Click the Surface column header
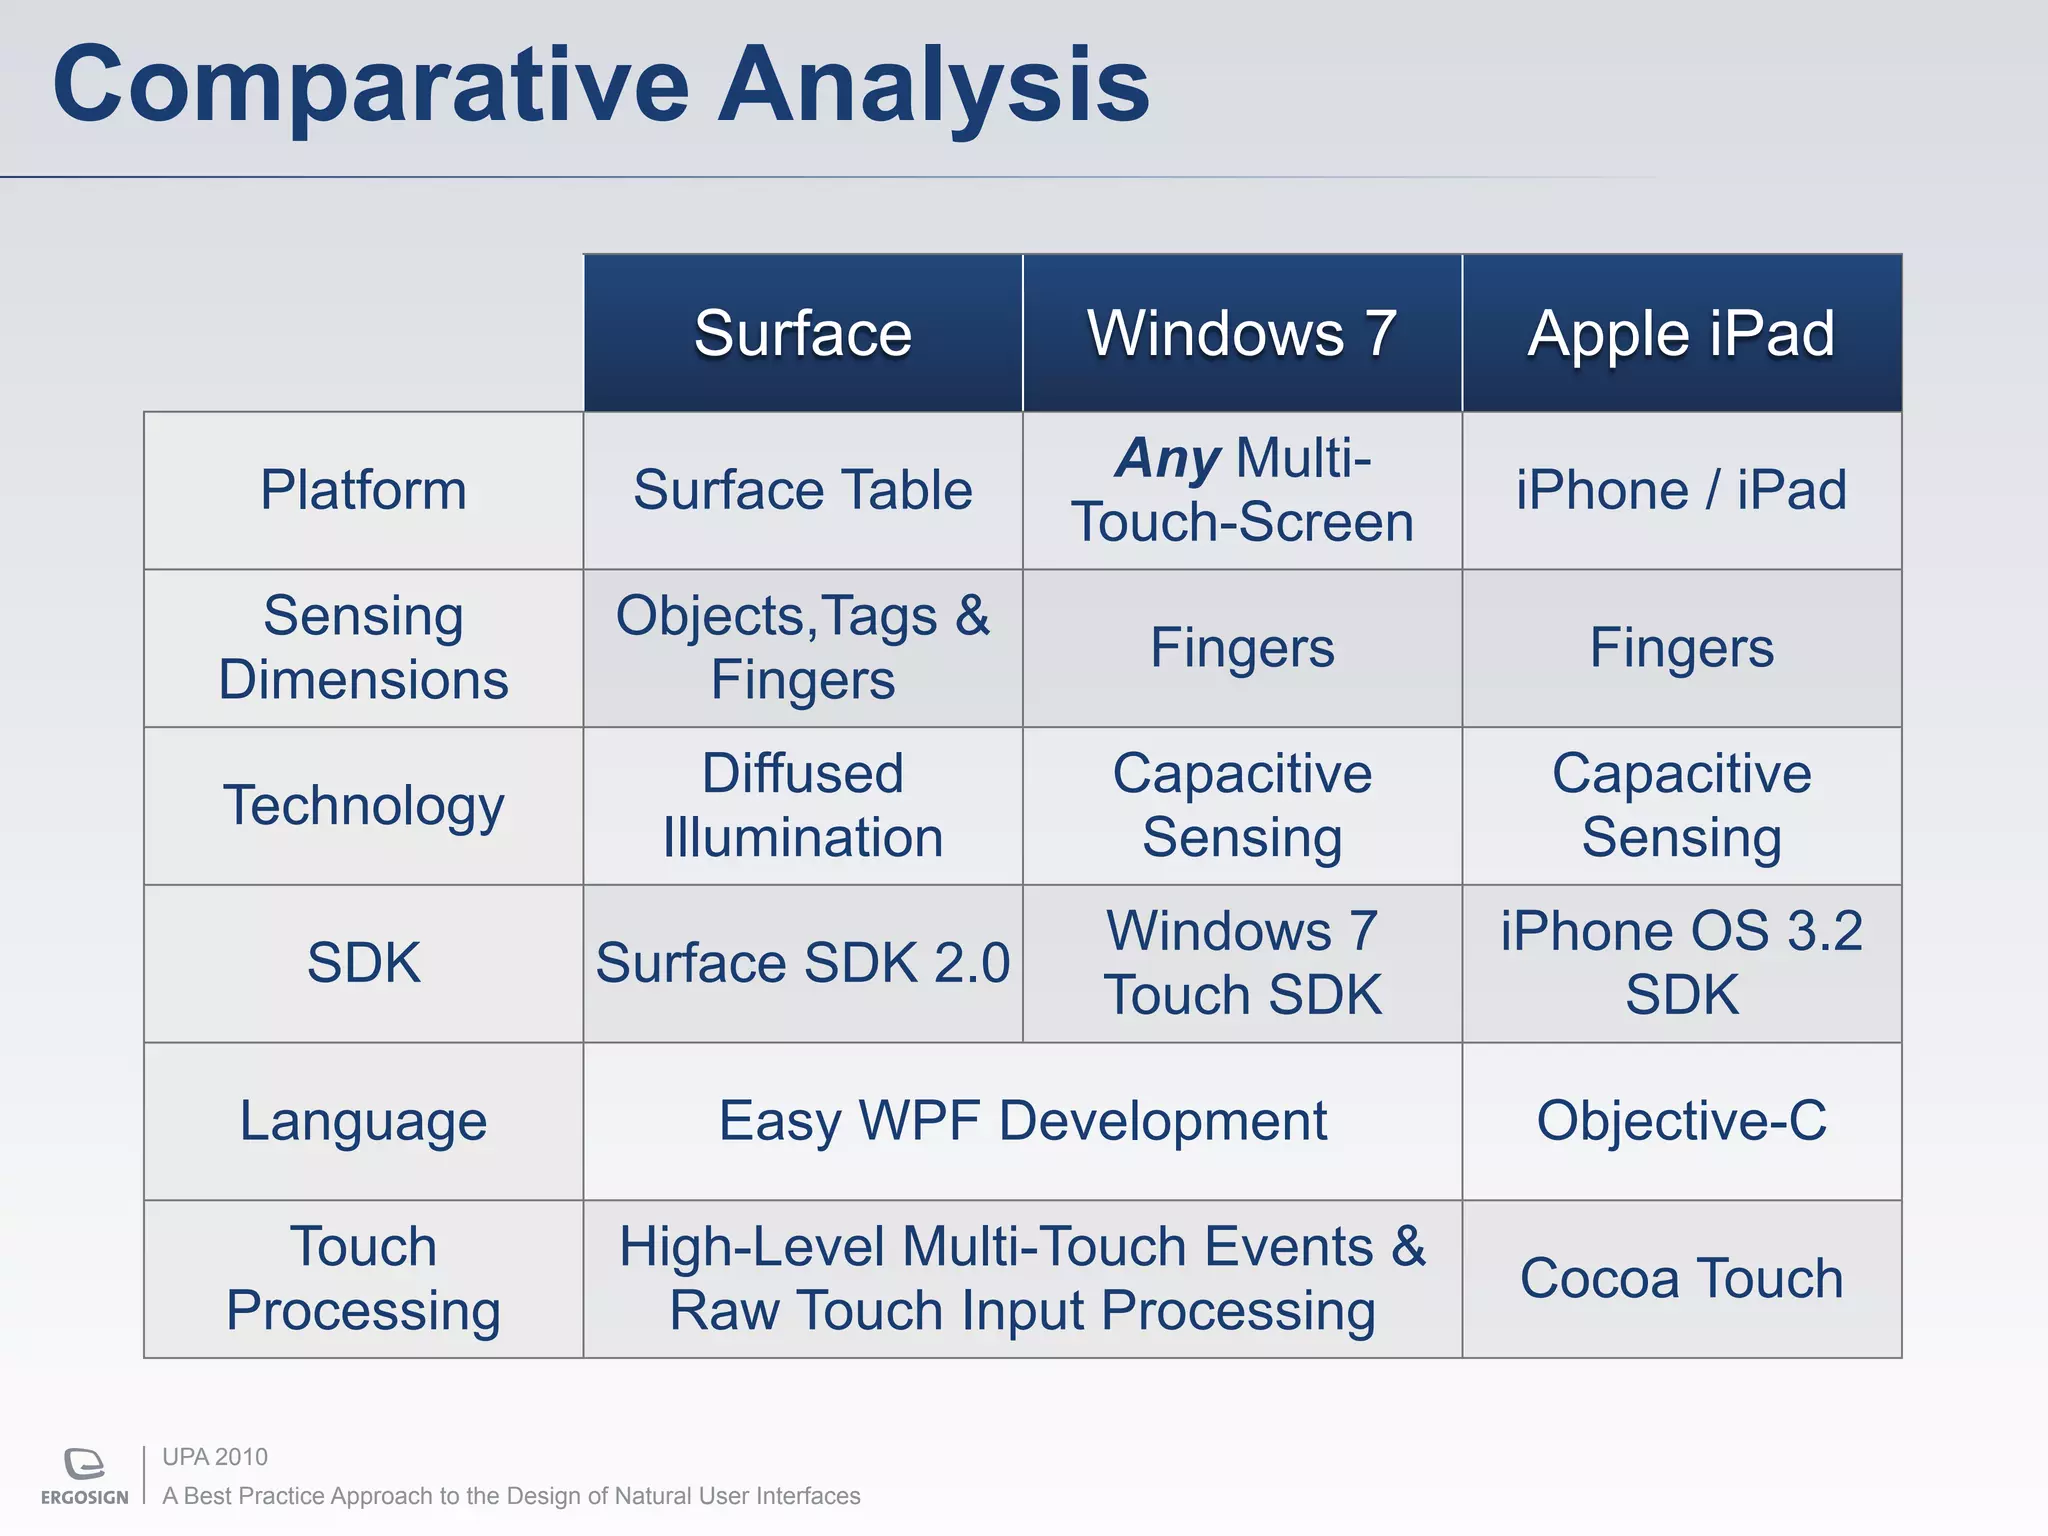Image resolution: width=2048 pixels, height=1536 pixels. tap(802, 333)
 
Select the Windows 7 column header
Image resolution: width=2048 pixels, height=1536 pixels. tap(1242, 333)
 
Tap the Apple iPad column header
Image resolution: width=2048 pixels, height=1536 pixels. tap(1682, 333)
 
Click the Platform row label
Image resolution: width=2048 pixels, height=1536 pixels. tap(363, 490)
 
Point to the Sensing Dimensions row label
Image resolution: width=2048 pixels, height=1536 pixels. tap(363, 648)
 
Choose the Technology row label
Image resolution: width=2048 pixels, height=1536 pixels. tap(363, 806)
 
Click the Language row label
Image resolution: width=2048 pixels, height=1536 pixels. tap(363, 1121)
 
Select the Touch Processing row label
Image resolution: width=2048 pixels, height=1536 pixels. tap(363, 1279)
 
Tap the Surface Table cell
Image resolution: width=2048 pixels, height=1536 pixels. tap(802, 490)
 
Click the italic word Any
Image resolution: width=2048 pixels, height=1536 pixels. tap(1168, 459)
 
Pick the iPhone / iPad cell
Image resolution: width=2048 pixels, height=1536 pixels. tap(1682, 490)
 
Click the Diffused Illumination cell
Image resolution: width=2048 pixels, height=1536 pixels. tap(802, 806)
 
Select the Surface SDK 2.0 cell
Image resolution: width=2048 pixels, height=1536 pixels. tap(802, 963)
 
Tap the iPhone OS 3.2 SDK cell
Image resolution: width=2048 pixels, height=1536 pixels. tap(1682, 963)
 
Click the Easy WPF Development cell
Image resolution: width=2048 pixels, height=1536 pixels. tap(1022, 1121)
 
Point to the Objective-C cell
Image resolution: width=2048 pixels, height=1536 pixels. tap(1682, 1121)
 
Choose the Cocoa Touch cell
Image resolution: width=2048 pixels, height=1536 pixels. tap(1682, 1279)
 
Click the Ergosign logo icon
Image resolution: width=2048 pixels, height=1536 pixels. tap(85, 1464)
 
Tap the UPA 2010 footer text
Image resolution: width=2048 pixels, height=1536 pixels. tap(215, 1457)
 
